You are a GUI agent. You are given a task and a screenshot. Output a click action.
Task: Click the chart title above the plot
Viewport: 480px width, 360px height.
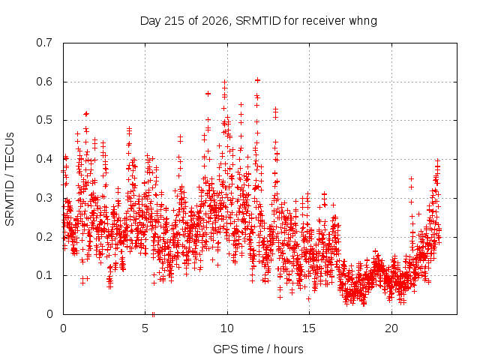pos(258,21)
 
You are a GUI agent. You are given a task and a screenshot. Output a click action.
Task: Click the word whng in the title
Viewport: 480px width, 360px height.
pos(363,21)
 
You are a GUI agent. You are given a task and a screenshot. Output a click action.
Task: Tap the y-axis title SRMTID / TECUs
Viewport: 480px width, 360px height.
pos(10,179)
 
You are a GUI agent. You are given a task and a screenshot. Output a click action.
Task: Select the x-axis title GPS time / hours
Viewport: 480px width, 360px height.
pos(258,349)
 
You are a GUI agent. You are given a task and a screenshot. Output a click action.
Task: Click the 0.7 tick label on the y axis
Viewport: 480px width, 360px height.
pos(44,43)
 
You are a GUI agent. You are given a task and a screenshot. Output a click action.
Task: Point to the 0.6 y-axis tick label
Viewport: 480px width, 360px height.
pos(44,82)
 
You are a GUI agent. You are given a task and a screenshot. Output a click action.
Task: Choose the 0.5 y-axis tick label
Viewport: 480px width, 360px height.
pos(44,120)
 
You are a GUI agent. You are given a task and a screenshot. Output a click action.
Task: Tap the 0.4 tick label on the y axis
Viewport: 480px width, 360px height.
pos(44,159)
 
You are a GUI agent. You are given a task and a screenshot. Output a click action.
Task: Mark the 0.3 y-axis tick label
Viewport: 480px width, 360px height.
pos(44,198)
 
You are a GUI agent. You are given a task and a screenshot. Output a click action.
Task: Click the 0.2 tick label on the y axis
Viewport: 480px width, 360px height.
pos(44,237)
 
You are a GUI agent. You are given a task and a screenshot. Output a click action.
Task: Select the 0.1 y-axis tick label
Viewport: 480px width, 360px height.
pos(44,275)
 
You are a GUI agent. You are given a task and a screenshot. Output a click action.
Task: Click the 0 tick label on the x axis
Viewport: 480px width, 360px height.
pos(63,328)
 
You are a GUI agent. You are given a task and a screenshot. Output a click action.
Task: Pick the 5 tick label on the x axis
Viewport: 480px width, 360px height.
pos(145,328)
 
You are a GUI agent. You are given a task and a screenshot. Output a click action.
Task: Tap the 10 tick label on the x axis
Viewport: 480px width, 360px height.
pos(227,328)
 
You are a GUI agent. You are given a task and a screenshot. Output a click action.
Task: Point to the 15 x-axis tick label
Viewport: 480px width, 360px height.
pos(309,328)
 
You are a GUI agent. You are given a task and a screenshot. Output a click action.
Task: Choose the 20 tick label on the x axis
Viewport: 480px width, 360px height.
pos(391,328)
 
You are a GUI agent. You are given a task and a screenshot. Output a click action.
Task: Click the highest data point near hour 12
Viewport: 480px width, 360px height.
pos(257,80)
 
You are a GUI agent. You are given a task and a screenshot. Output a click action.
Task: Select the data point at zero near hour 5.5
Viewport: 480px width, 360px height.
pos(153,314)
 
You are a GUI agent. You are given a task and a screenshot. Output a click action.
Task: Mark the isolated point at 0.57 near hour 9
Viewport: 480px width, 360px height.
pos(208,94)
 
